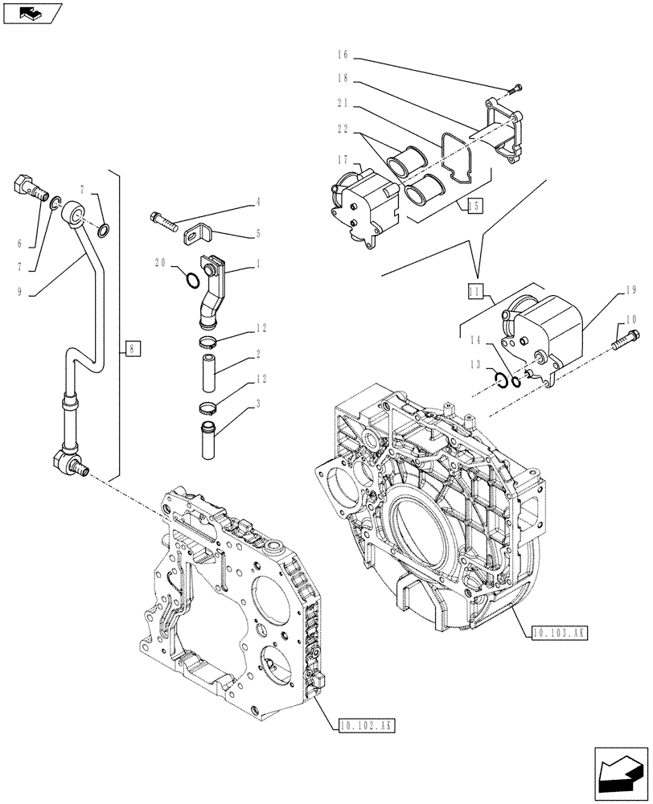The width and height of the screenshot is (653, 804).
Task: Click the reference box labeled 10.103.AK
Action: click(559, 633)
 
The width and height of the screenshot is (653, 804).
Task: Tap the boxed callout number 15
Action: click(474, 207)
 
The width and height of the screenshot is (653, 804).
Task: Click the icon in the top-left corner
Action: click(32, 12)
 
